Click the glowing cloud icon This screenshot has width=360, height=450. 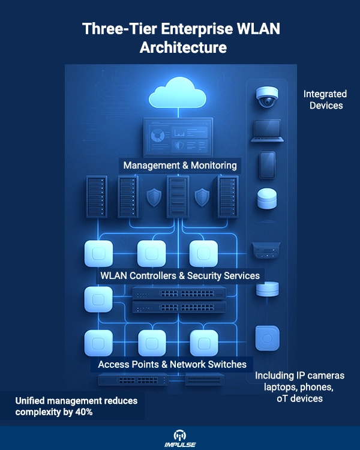(178, 92)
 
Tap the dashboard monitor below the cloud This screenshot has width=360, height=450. (178, 137)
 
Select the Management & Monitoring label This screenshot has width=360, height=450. (180, 166)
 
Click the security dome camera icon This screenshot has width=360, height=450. (267, 97)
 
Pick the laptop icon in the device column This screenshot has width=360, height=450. (267, 131)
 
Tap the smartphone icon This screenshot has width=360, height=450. (267, 166)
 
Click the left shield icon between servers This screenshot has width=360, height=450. (154, 197)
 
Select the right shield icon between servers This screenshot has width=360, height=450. (202, 197)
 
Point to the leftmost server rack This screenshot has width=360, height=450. (97, 197)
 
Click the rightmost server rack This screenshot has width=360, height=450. (227, 197)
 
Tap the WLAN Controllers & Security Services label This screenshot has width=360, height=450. (180, 275)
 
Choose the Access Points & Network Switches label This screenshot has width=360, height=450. (172, 364)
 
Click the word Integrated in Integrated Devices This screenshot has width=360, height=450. (325, 94)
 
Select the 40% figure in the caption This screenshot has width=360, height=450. (84, 412)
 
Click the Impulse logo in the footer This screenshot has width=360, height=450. (180, 439)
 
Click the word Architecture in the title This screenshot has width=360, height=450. (183, 47)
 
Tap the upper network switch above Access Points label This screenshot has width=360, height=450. (179, 293)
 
